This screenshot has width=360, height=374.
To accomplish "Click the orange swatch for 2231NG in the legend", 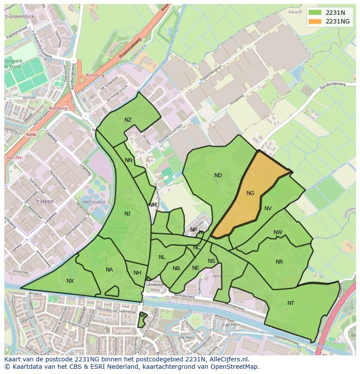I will (x=316, y=21).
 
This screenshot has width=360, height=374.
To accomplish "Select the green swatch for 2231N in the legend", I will (x=316, y=12).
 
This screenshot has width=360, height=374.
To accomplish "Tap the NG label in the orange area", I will (x=250, y=193).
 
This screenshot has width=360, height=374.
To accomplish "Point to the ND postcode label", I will (x=218, y=175).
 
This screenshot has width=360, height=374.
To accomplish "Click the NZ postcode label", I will (x=128, y=120).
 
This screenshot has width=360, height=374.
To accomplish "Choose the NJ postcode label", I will (x=127, y=213).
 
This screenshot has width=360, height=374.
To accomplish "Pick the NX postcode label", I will (x=70, y=281).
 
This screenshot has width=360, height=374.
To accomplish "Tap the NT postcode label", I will (x=291, y=303).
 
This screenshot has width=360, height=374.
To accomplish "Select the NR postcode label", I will (x=279, y=262).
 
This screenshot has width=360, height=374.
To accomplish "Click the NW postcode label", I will (x=278, y=232).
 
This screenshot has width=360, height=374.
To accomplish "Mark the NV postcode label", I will (x=268, y=209).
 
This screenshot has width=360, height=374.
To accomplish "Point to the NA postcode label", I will (x=109, y=270).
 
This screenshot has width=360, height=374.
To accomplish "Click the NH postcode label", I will (x=137, y=273).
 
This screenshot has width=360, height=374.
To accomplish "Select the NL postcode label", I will (x=162, y=257).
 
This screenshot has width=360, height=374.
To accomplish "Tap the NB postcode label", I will (x=176, y=268).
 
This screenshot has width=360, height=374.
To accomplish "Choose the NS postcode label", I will (x=211, y=261).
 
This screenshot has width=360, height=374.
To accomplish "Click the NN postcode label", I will (x=129, y=160).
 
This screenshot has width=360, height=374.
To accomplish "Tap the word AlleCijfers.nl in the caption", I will (x=227, y=359).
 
